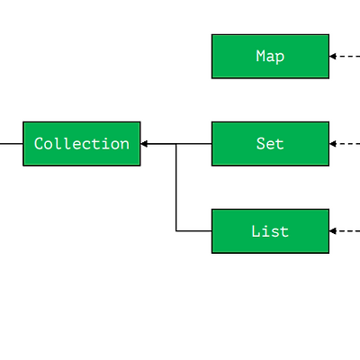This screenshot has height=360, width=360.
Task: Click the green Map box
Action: point(270,57)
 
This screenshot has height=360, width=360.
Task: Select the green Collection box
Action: point(82,144)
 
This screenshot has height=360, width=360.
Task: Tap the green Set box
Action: point(270,144)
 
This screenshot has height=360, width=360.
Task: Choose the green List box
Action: point(270,231)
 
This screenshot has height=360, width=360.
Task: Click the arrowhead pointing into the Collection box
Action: point(144,144)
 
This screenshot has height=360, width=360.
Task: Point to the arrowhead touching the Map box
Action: point(333,56)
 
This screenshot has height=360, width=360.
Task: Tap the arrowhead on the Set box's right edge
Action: point(333,144)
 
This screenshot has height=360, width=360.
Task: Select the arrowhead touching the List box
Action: point(333,230)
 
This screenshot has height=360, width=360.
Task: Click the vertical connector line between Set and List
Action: point(176,187)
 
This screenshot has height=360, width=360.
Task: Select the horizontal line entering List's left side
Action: point(193,230)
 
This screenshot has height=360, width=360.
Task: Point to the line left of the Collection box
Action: point(12,144)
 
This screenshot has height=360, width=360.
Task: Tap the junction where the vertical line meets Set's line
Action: point(176,144)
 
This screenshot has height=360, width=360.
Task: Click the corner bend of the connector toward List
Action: point(176,230)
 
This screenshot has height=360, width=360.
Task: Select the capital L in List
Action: point(256,231)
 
